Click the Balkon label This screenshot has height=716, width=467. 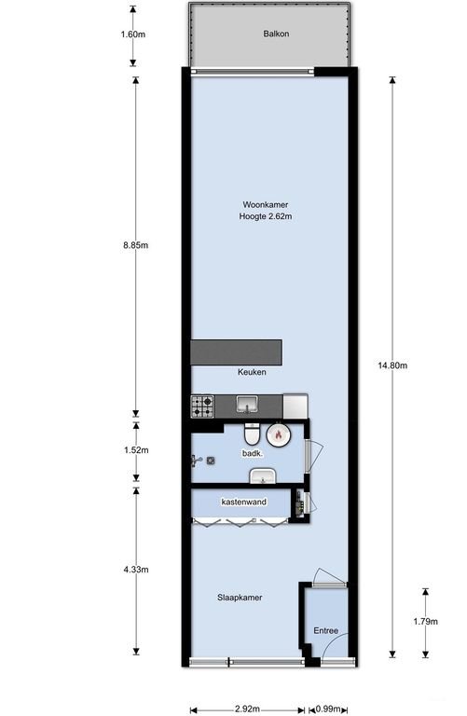click(276, 34)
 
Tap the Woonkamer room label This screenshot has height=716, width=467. click(266, 204)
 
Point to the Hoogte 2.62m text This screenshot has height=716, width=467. click(266, 216)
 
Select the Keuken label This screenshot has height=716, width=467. click(252, 372)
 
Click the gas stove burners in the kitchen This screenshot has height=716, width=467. click(202, 406)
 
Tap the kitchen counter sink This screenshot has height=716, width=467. click(247, 405)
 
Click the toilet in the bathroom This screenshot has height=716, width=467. click(252, 434)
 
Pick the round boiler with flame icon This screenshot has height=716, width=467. click(277, 434)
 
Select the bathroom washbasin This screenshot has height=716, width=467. click(262, 475)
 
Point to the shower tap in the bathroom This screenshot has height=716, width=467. click(197, 461)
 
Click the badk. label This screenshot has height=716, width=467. click(252, 453)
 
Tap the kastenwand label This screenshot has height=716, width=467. click(244, 502)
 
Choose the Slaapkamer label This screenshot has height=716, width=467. click(240, 598)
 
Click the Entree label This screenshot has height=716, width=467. click(326, 630)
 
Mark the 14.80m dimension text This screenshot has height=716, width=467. click(392, 365)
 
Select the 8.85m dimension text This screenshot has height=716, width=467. click(135, 245)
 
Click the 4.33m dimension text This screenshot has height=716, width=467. click(136, 570)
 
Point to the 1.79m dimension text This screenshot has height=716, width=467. click(425, 621)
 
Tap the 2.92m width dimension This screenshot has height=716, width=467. click(247, 709)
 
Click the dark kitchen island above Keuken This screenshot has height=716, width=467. click(236, 352)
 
